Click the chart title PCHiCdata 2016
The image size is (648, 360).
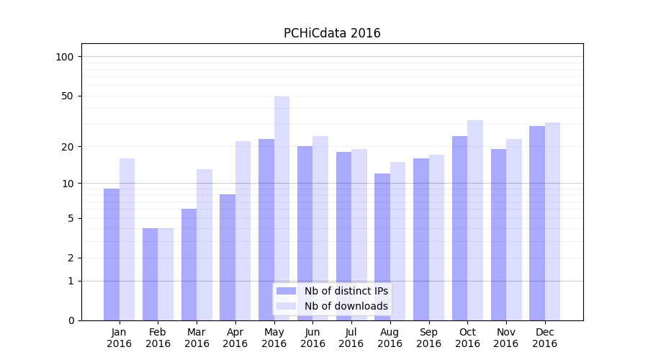pyautogui.click(x=332, y=33)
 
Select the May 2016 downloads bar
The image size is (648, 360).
pyautogui.click(x=282, y=209)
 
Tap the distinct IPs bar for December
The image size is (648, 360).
pyautogui.click(x=537, y=223)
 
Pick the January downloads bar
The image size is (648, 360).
pyautogui.click(x=127, y=239)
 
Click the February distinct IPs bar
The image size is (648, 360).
pyautogui.click(x=150, y=274)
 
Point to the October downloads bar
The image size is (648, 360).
pyautogui.click(x=475, y=220)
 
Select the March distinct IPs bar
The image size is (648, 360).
pyautogui.click(x=189, y=264)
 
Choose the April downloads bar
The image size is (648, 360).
pyautogui.click(x=243, y=230)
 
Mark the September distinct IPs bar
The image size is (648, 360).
pyautogui.click(x=421, y=239)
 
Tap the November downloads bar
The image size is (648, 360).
pyautogui.click(x=514, y=230)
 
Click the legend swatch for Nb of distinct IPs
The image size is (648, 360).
pyautogui.click(x=287, y=291)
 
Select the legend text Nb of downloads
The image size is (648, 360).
pyautogui.click(x=346, y=306)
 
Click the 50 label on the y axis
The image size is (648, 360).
pyautogui.click(x=68, y=96)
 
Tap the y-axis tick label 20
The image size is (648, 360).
pyautogui.click(x=68, y=147)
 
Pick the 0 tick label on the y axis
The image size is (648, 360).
pyautogui.click(x=71, y=320)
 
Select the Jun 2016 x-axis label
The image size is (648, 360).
pyautogui.click(x=312, y=338)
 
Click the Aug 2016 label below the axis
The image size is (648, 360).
pyautogui.click(x=390, y=338)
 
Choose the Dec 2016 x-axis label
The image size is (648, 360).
pyautogui.click(x=545, y=338)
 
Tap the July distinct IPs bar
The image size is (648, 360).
pyautogui.click(x=343, y=236)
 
